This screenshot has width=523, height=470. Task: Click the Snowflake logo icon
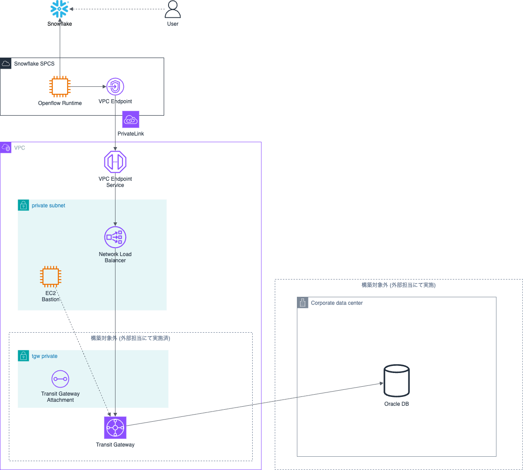[x=59, y=9]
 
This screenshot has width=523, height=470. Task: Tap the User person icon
[x=173, y=9]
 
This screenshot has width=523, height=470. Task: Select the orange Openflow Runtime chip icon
[x=60, y=86]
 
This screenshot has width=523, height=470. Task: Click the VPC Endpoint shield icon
[x=115, y=86]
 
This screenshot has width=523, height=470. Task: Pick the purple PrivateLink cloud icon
[x=131, y=120]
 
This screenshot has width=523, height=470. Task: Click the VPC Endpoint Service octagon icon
[x=115, y=162]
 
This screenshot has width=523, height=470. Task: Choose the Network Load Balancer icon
[x=115, y=237]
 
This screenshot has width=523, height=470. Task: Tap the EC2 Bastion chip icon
[x=51, y=276]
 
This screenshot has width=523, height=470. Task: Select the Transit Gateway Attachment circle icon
[x=60, y=379]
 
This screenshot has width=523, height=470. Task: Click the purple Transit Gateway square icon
[x=115, y=427]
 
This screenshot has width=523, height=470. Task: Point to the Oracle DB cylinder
[x=396, y=381]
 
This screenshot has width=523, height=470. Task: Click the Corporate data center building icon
[x=303, y=303]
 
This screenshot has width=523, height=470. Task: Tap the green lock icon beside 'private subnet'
[x=23, y=205]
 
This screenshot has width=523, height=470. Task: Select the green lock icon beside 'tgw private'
[x=23, y=356]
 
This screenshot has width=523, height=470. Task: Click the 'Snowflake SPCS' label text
[x=35, y=64]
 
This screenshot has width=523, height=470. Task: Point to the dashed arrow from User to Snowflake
[x=117, y=9]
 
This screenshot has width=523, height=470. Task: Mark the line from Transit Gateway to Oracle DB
[x=255, y=404]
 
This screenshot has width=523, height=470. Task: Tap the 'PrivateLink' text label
[x=131, y=134]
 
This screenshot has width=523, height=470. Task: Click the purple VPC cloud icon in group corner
[x=6, y=148]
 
